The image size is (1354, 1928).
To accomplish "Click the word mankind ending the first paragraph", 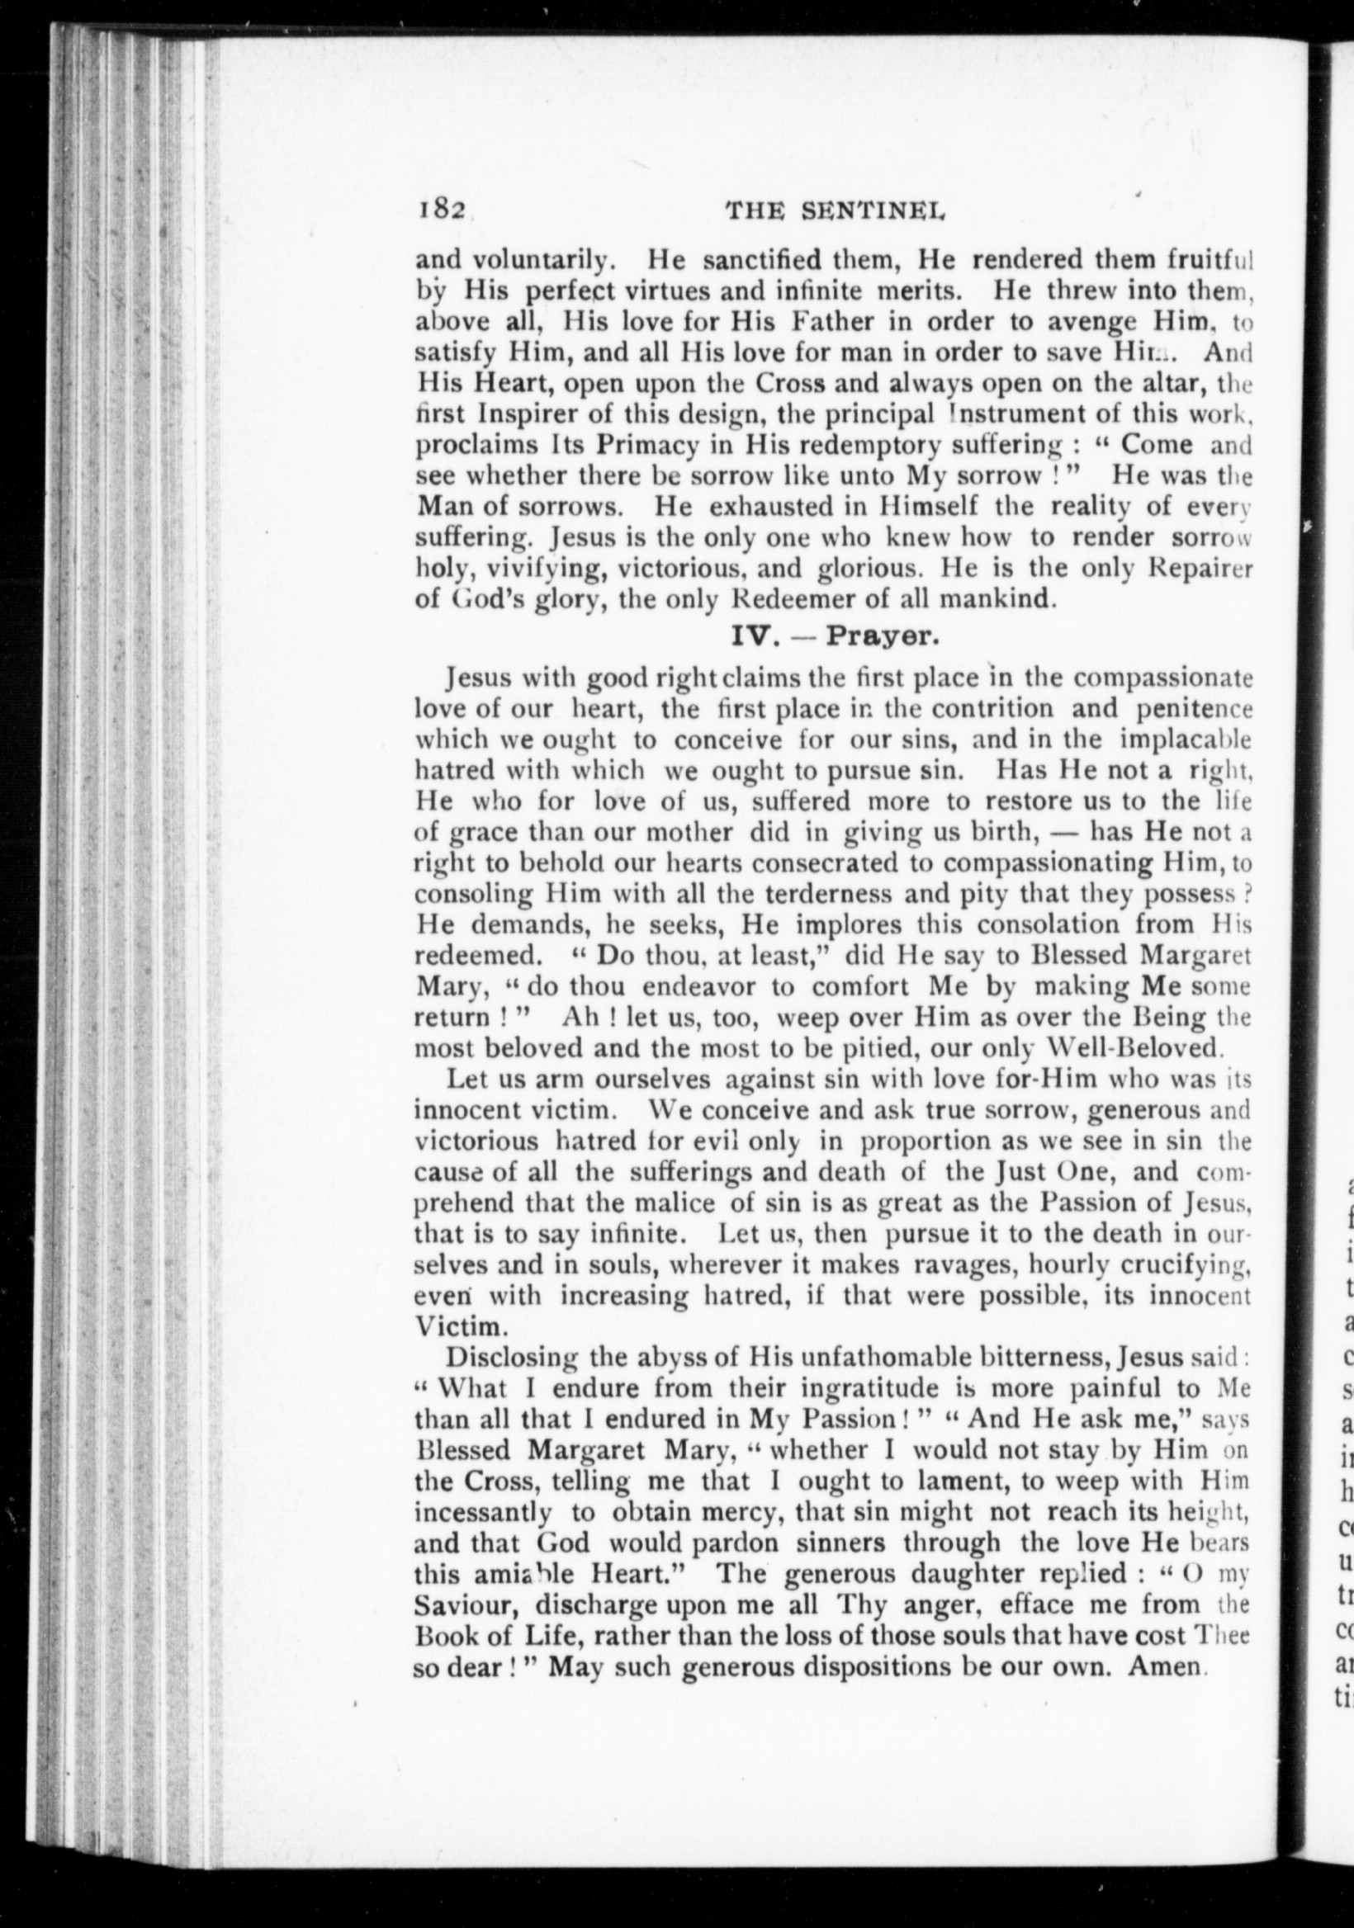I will tap(997, 600).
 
